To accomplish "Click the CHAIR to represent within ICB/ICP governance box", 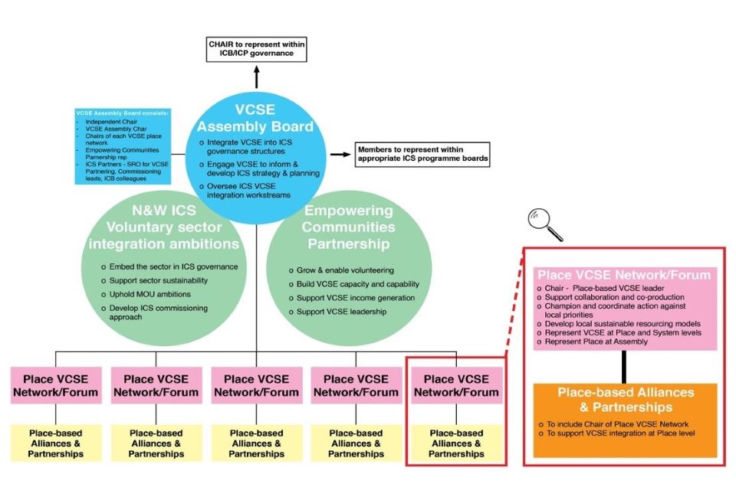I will pos(256,49).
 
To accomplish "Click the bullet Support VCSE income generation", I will pos(350,298).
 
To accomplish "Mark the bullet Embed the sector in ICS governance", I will pos(172,266).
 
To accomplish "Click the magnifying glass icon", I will pos(544,224).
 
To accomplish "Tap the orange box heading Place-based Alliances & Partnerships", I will pos(626,400).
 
